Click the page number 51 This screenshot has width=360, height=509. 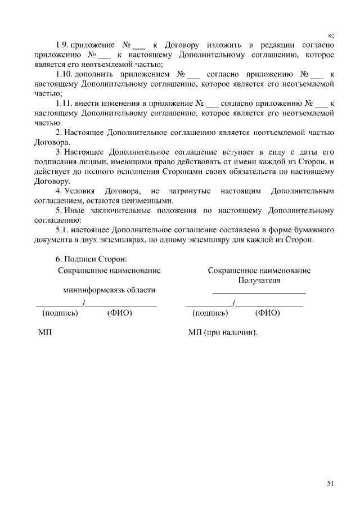coord(330,483)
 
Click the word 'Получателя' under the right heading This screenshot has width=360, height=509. coord(259,280)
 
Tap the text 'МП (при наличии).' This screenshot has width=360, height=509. coord(223,333)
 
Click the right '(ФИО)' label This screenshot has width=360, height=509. coord(267,313)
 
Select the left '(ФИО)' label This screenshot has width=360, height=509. coord(119,313)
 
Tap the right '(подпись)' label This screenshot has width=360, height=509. coord(210,313)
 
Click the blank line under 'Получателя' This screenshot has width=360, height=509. coord(259,292)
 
